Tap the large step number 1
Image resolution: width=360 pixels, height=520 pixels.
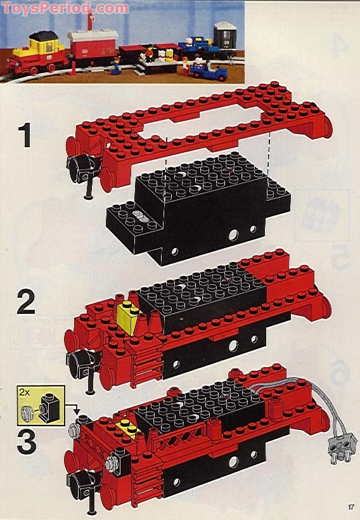[25, 136]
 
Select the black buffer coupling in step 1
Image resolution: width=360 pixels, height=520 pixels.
[82, 169]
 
